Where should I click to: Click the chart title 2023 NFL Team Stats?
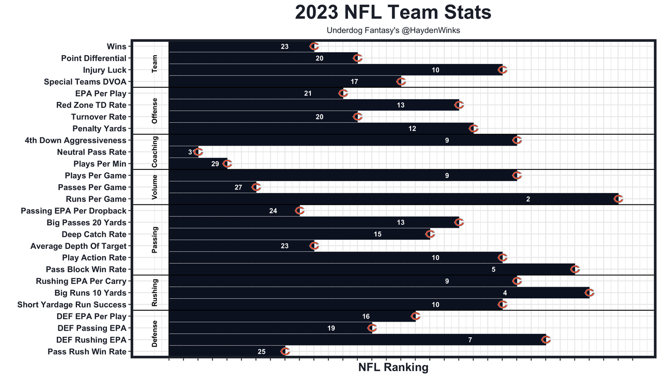click(x=393, y=12)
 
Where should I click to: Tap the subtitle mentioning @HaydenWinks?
click(x=393, y=30)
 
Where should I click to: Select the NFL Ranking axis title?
click(x=393, y=368)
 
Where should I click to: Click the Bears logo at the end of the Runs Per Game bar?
click(x=619, y=199)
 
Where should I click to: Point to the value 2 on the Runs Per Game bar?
click(x=528, y=199)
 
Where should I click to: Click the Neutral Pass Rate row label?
click(x=92, y=152)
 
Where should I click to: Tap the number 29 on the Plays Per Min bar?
click(x=215, y=164)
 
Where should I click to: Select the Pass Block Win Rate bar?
click(x=372, y=270)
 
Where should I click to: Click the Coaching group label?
click(x=155, y=152)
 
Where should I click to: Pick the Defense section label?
click(x=155, y=334)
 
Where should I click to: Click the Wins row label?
click(x=116, y=46)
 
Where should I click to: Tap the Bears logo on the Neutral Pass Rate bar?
click(x=198, y=152)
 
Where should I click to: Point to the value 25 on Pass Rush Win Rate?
click(x=261, y=352)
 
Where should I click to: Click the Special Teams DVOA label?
click(x=85, y=82)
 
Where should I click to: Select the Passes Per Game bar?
click(x=212, y=187)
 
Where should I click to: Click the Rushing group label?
click(x=155, y=293)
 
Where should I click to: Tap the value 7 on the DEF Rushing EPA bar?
click(x=470, y=340)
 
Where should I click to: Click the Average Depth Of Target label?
click(x=78, y=246)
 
